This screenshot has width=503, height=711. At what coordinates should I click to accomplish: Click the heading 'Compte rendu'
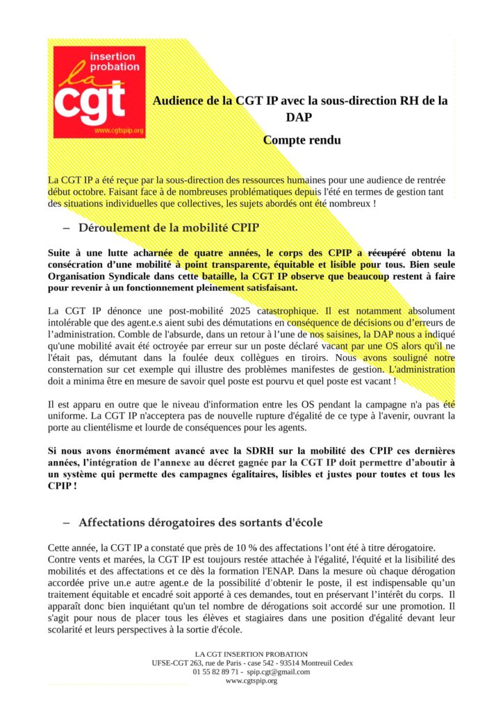point(302,140)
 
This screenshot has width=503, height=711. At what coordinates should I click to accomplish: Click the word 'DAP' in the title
point(299,117)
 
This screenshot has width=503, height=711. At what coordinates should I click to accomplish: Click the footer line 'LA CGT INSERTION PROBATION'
point(251,653)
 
